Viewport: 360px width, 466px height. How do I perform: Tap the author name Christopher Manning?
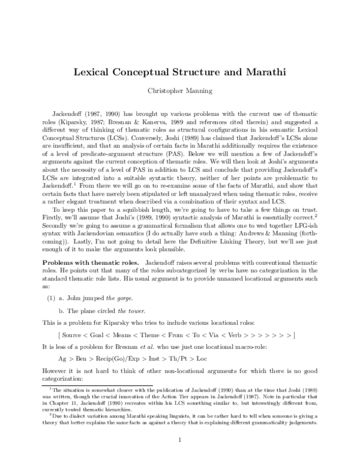[179, 91]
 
